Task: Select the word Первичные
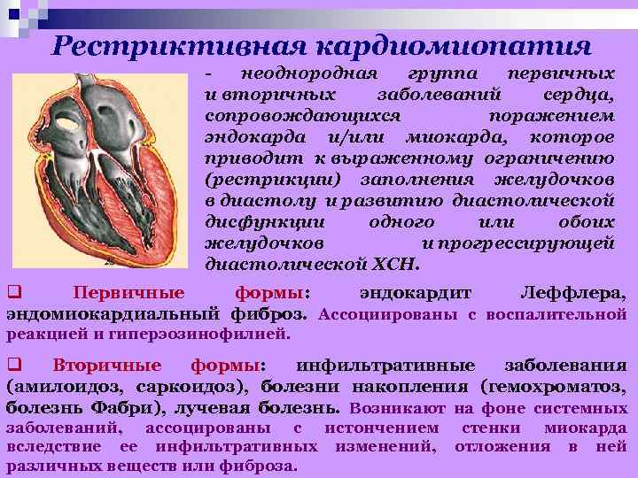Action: pos(129,293)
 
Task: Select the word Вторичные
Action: pos(107,366)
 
